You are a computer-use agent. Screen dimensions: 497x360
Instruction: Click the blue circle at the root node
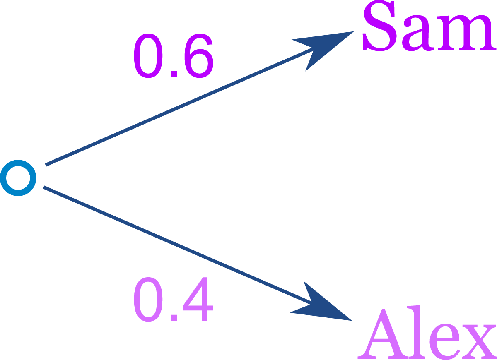pyautogui.click(x=18, y=178)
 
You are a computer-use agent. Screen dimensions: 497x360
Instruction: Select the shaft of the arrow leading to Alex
pyautogui.click(x=178, y=245)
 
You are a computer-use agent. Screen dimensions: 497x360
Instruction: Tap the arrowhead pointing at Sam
pyautogui.click(x=323, y=51)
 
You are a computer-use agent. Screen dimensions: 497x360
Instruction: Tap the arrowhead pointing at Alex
pyautogui.click(x=321, y=302)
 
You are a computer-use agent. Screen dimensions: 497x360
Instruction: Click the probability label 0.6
pyautogui.click(x=174, y=55)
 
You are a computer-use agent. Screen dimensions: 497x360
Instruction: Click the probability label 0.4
pyautogui.click(x=174, y=299)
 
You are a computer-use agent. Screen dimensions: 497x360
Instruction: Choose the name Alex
pyautogui.click(x=427, y=333)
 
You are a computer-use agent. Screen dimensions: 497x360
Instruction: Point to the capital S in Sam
pyautogui.click(x=379, y=26)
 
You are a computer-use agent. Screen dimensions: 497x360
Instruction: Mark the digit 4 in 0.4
pyautogui.click(x=198, y=299)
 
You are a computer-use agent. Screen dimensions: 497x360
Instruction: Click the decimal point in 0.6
pyautogui.click(x=174, y=74)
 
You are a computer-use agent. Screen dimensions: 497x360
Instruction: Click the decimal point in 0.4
pyautogui.click(x=174, y=317)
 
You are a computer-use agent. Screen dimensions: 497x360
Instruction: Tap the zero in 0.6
pyautogui.click(x=148, y=55)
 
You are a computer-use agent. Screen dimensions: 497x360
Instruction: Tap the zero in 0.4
pyautogui.click(x=148, y=299)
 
